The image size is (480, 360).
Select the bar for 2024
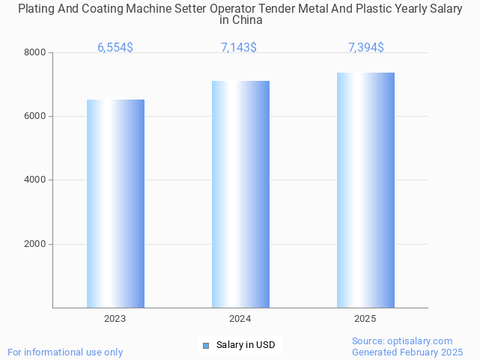(240, 194)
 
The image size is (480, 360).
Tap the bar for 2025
(365, 190)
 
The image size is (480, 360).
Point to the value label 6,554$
(115, 48)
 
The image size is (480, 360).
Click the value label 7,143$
(239, 48)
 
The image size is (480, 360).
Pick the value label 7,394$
(366, 48)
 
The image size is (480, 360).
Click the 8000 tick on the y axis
(35, 52)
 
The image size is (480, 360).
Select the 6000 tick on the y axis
(35, 117)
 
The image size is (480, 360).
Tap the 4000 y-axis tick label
(35, 180)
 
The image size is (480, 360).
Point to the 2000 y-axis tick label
(35, 244)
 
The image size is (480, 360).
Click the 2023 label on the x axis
(115, 319)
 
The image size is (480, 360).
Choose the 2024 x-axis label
(240, 319)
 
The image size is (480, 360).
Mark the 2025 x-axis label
(365, 319)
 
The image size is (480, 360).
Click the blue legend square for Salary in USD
(206, 345)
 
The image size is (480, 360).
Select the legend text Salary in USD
(246, 345)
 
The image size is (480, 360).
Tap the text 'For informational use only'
(65, 352)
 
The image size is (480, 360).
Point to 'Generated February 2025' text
(407, 352)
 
